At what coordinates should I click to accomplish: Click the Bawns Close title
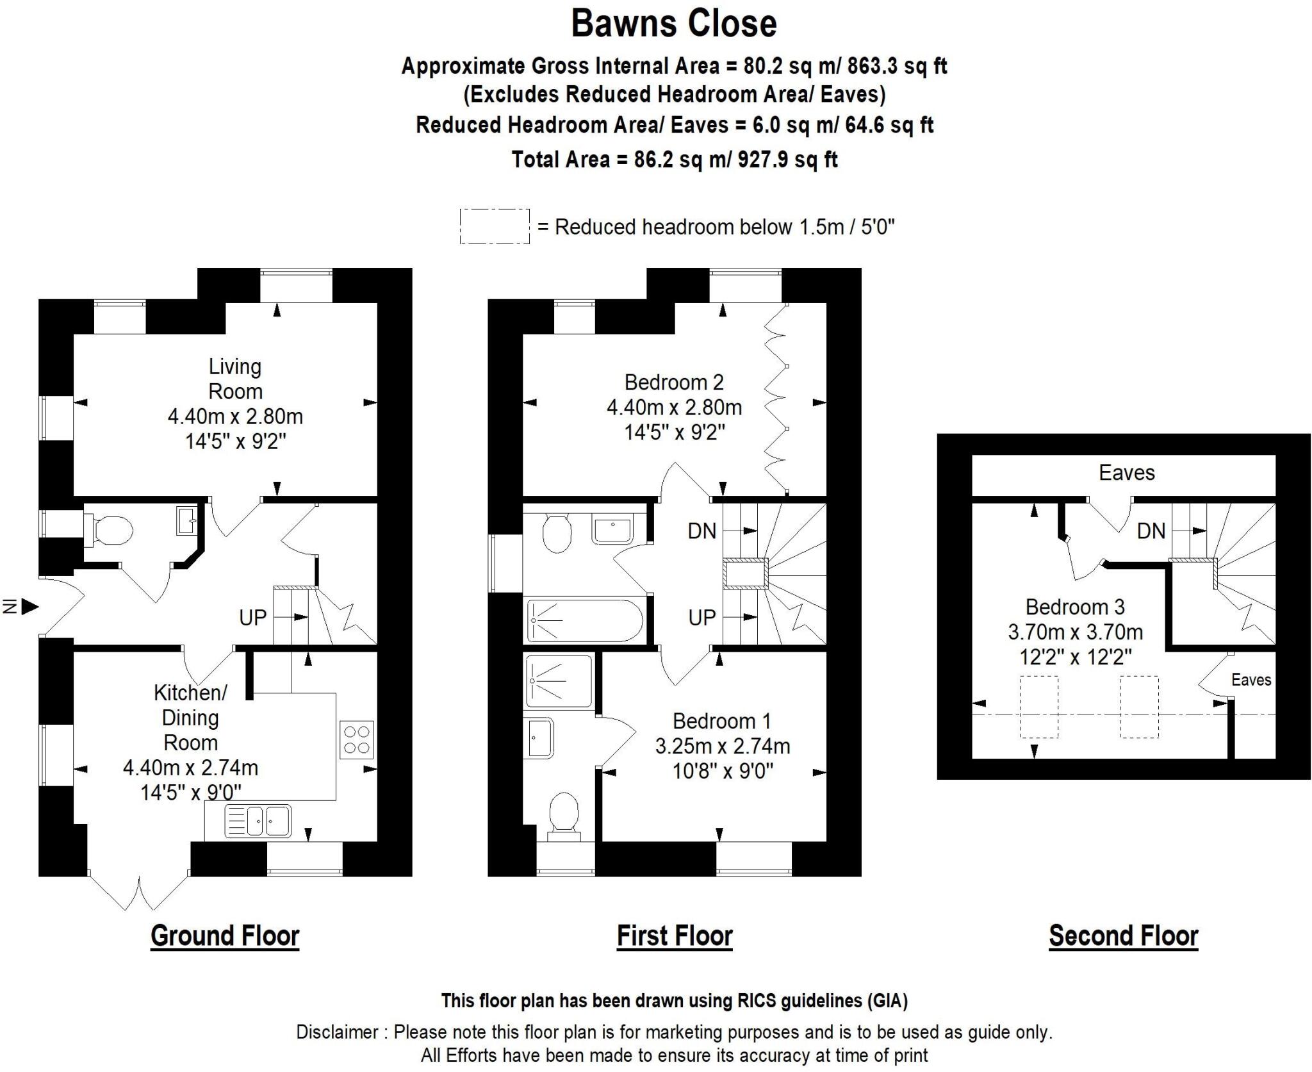click(674, 24)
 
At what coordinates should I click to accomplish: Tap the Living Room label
click(235, 379)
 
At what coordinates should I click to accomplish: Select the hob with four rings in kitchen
click(357, 740)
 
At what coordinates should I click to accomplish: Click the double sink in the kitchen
click(258, 821)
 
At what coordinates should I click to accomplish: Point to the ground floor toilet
click(109, 531)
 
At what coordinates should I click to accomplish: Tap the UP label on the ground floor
click(252, 618)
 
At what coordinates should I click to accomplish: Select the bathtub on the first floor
click(584, 620)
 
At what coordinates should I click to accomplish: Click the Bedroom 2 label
click(674, 383)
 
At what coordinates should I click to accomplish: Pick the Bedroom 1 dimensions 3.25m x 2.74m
click(722, 746)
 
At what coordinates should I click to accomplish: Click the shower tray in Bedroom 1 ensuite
click(559, 681)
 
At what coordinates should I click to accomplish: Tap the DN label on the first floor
click(701, 531)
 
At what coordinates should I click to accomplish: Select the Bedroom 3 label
click(1075, 607)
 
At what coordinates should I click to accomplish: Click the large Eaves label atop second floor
click(1126, 473)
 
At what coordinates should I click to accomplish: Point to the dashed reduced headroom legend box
click(495, 226)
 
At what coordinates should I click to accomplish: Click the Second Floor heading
click(1123, 936)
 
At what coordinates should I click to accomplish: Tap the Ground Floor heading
click(225, 936)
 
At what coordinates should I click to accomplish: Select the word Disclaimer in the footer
click(337, 1032)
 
